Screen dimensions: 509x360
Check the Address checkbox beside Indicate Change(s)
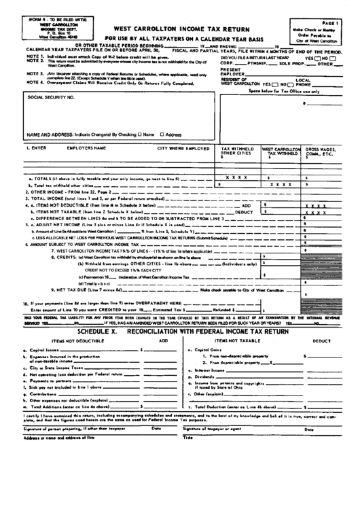(162, 135)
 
